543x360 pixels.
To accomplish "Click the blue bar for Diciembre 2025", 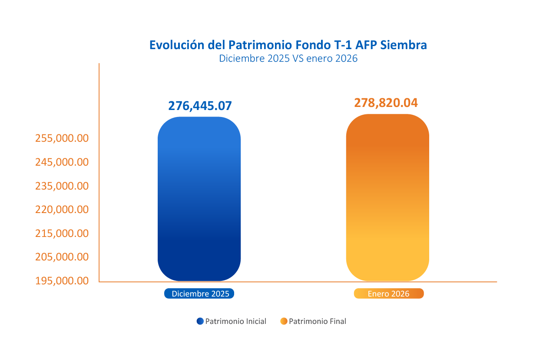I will point(199,199).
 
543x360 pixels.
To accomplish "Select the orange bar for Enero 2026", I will point(387,197).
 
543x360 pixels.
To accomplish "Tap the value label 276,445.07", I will point(200,106).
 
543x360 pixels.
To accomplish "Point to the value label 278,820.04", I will point(386,103).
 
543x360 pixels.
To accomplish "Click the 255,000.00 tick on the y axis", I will point(62,138).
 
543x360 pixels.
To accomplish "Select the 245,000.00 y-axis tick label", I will point(62,162).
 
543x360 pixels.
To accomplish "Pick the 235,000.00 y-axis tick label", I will point(62,186).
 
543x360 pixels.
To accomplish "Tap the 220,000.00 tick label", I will point(62,210).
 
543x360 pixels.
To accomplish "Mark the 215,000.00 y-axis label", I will point(62,233).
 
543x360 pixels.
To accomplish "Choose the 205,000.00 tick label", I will point(62,257).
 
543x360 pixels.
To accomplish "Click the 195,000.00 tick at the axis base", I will point(62,281).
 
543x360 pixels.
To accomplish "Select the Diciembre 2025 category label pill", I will point(199,294).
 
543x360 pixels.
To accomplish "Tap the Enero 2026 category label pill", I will point(388,294).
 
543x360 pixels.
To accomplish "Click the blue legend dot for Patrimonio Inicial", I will point(200,321).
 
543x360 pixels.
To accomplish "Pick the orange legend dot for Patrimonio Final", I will point(284,321).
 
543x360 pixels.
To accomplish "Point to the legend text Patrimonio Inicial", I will point(235,322).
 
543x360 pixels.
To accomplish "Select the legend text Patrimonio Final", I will point(318,322).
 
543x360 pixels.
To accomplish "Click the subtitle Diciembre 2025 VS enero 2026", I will point(288,58).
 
